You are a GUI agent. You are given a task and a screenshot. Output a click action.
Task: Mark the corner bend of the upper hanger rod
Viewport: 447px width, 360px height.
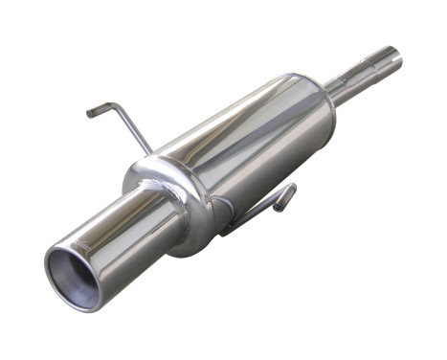(117, 104)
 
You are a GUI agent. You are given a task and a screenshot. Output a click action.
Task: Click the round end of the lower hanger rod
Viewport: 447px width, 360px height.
(287, 191)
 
